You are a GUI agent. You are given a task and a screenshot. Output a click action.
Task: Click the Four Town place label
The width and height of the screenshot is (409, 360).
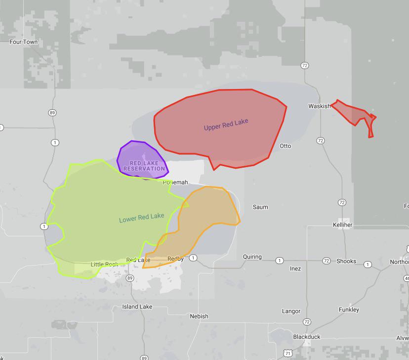click(24, 42)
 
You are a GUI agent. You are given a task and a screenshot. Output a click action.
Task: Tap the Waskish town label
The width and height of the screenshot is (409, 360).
click(319, 106)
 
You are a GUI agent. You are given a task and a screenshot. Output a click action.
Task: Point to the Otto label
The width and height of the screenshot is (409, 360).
click(286, 146)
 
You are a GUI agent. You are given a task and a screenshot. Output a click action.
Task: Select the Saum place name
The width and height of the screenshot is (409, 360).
click(260, 207)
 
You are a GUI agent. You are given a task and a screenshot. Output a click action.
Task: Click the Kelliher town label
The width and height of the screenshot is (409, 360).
click(342, 225)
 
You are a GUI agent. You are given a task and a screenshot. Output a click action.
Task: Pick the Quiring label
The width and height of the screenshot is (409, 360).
click(252, 257)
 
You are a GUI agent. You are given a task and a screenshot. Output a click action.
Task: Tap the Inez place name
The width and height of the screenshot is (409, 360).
click(295, 269)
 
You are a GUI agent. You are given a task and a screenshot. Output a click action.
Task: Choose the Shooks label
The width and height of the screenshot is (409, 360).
click(346, 261)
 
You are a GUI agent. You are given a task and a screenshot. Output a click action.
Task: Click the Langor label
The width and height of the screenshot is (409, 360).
click(291, 312)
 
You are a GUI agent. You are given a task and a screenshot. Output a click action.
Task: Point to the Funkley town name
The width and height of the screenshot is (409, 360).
click(349, 310)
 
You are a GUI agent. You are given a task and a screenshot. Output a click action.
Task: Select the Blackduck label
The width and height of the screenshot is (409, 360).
click(307, 337)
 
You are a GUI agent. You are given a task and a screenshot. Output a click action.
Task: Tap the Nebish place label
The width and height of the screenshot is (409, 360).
click(199, 316)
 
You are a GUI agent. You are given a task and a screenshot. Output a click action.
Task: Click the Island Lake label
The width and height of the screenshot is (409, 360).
click(137, 307)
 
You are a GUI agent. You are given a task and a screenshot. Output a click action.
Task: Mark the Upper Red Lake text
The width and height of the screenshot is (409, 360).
click(226, 125)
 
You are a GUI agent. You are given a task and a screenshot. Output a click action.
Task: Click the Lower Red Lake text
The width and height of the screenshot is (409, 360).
click(141, 218)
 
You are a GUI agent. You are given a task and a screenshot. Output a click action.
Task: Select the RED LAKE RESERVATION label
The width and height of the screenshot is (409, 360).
click(144, 166)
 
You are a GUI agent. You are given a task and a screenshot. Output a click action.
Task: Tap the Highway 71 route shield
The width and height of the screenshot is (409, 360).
click(287, 353)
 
